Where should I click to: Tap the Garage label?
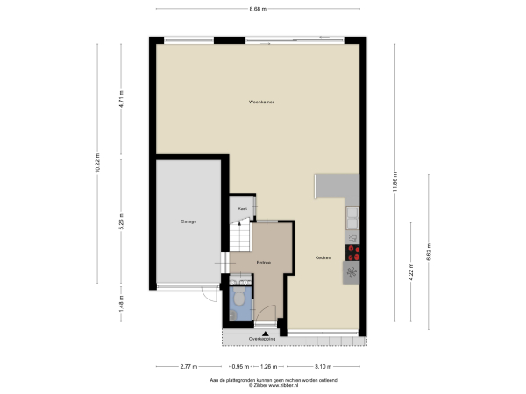point(188,222)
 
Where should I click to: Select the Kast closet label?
point(242,208)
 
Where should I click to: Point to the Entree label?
point(263,263)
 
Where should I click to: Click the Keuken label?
point(323,257)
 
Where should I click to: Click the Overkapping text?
point(262,338)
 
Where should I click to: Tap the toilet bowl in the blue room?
point(238,301)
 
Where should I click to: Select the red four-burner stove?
point(352,253)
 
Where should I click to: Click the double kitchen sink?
point(352,215)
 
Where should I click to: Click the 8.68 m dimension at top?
point(258,9)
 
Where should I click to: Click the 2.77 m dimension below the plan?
point(188,367)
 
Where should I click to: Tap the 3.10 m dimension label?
point(323,367)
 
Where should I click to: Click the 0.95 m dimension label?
point(237,367)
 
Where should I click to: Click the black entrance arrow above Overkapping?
point(263,329)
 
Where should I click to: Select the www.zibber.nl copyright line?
point(262,385)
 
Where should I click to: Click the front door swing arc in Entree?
point(271,313)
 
